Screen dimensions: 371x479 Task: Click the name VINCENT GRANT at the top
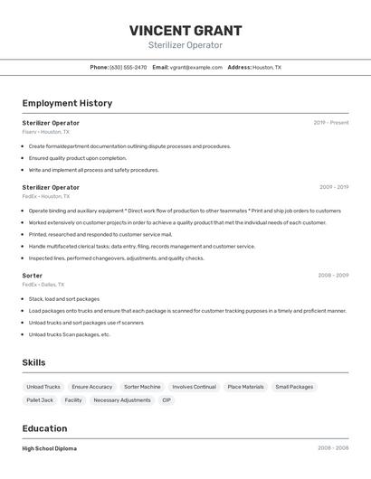click(185, 30)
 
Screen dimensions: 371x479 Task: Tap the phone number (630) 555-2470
click(128, 67)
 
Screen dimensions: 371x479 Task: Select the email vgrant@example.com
click(196, 67)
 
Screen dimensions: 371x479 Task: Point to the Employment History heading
click(67, 103)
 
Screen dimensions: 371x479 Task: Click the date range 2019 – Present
click(331, 123)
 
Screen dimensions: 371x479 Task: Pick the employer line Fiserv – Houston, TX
click(45, 132)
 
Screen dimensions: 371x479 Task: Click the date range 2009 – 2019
click(334, 187)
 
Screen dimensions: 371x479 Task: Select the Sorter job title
click(33, 275)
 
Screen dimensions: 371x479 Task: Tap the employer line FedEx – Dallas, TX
click(42, 284)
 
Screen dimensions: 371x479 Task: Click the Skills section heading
click(34, 362)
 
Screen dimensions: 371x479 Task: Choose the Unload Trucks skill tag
click(43, 387)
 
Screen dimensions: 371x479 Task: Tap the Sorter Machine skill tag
click(142, 387)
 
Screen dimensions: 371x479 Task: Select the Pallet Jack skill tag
click(40, 399)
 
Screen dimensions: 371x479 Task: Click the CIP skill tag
click(166, 399)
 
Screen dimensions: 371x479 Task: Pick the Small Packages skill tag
click(294, 387)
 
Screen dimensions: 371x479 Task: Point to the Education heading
click(45, 428)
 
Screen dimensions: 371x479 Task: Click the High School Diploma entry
click(50, 448)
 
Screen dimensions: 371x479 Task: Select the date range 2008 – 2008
click(333, 448)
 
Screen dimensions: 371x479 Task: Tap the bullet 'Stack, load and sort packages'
click(64, 298)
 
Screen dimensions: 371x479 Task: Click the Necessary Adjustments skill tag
click(122, 399)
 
